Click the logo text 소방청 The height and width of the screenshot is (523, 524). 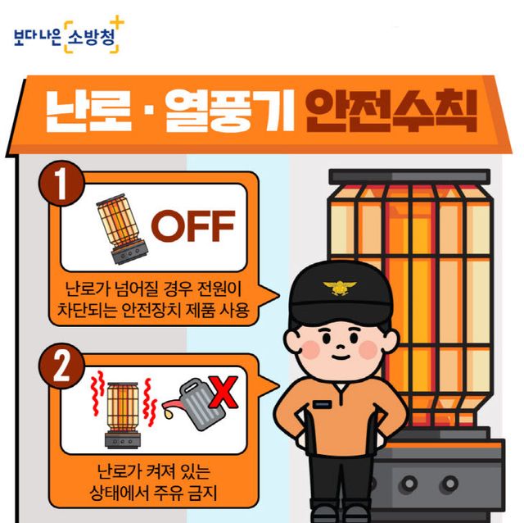pyautogui.click(x=91, y=38)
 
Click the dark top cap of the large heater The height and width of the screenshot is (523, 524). pyautogui.click(x=409, y=176)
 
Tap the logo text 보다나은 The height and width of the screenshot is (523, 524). pyautogui.click(x=38, y=38)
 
